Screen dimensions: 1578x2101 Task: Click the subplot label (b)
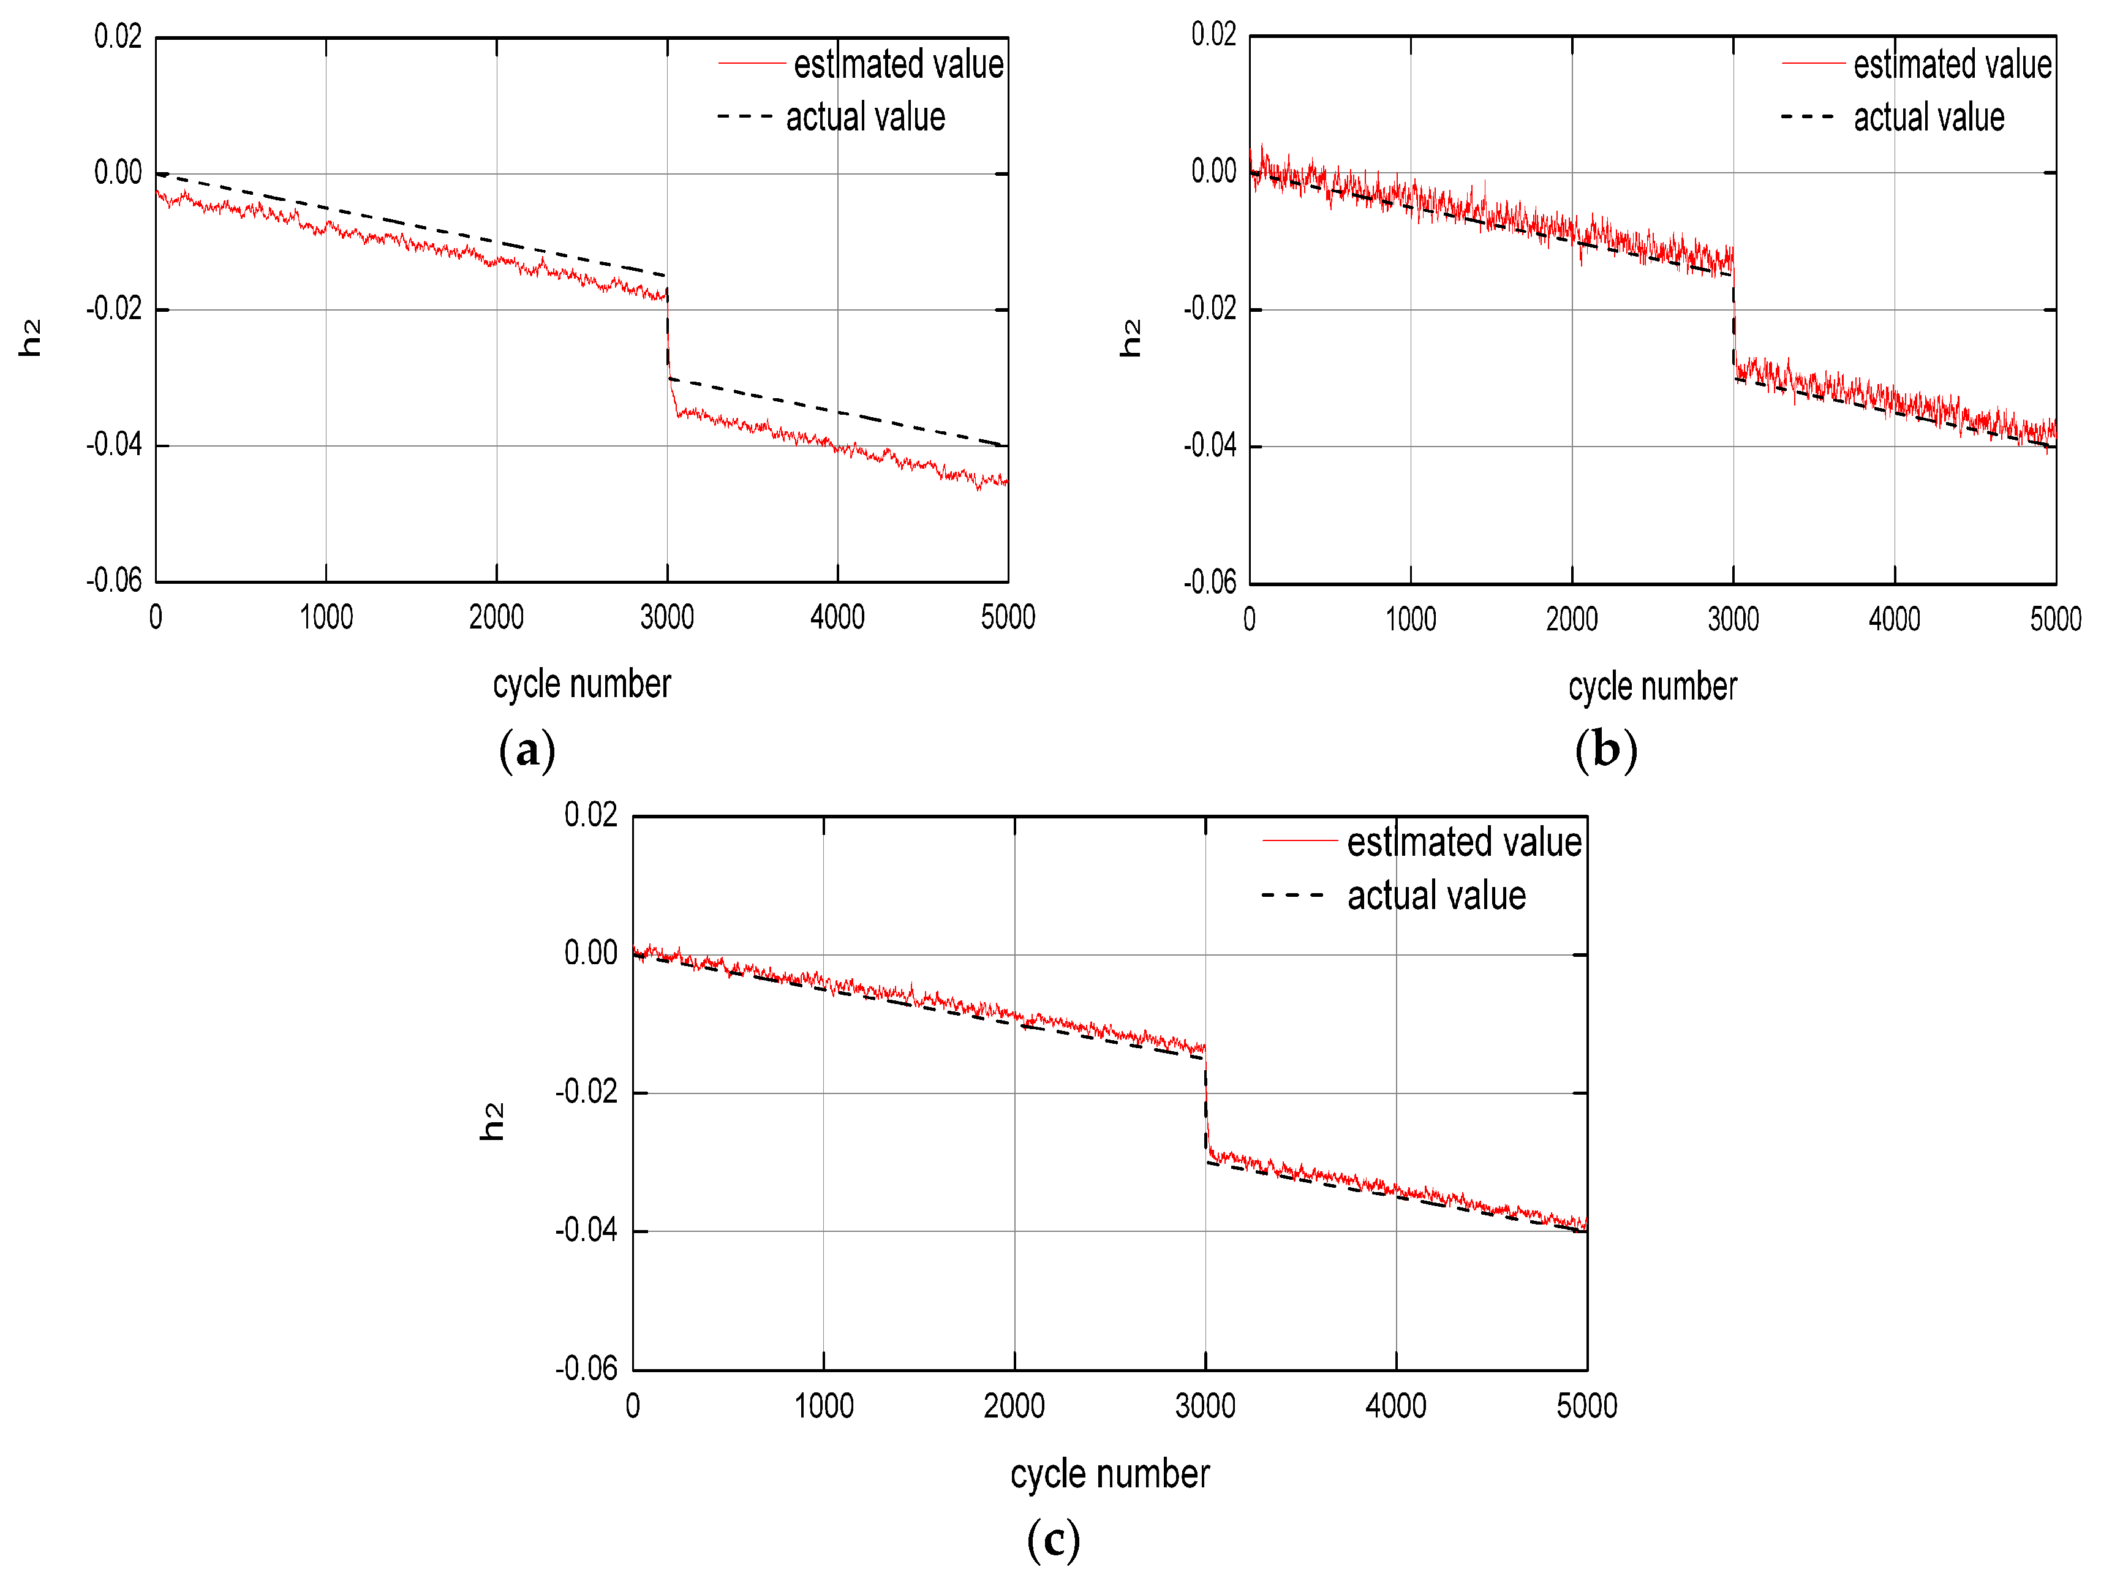[x=1605, y=750]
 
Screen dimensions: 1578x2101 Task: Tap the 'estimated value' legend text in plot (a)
[x=897, y=64]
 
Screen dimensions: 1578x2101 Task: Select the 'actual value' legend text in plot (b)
[x=1928, y=118]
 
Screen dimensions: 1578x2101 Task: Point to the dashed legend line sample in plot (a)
[x=745, y=117]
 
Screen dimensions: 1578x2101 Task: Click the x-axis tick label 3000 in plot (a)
[x=667, y=617]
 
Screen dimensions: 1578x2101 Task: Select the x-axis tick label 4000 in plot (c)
[x=1395, y=1405]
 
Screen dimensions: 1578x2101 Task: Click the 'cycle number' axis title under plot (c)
[x=1109, y=1473]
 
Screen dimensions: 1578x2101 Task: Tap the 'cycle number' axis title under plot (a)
[x=581, y=684]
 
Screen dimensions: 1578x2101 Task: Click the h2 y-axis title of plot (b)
[x=1130, y=338]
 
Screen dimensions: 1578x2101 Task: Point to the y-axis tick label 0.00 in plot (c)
[x=590, y=953]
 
